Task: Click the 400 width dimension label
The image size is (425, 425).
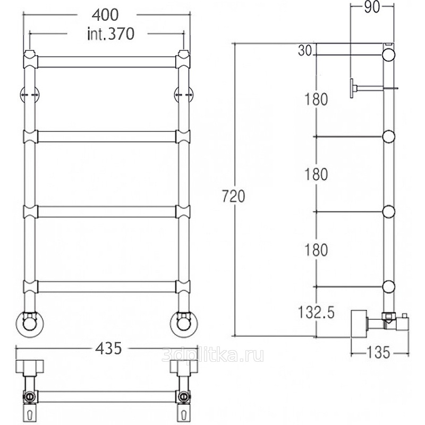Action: tap(105, 15)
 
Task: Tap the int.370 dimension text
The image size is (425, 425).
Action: tap(111, 34)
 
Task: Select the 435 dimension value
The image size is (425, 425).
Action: tap(109, 348)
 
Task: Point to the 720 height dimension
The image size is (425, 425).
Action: tap(233, 196)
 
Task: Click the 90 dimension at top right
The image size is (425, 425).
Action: tap(372, 7)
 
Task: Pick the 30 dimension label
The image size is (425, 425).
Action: tap(305, 50)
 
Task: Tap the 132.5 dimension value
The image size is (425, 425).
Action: tap(316, 312)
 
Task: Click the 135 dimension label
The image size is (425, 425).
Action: tap(378, 352)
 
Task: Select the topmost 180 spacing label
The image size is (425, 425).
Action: tap(316, 99)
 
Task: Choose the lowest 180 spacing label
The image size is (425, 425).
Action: tap(316, 250)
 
